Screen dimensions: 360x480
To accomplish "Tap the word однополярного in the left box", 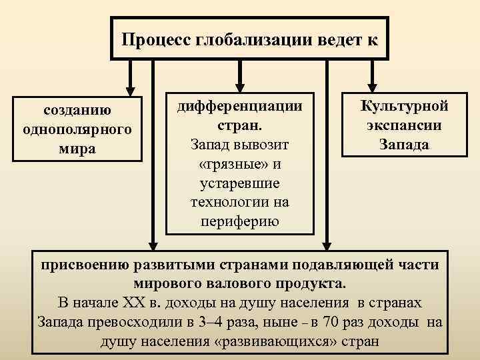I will point(77,128).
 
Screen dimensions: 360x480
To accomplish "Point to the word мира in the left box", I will point(77,147).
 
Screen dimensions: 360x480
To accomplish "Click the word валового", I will point(232,283).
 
